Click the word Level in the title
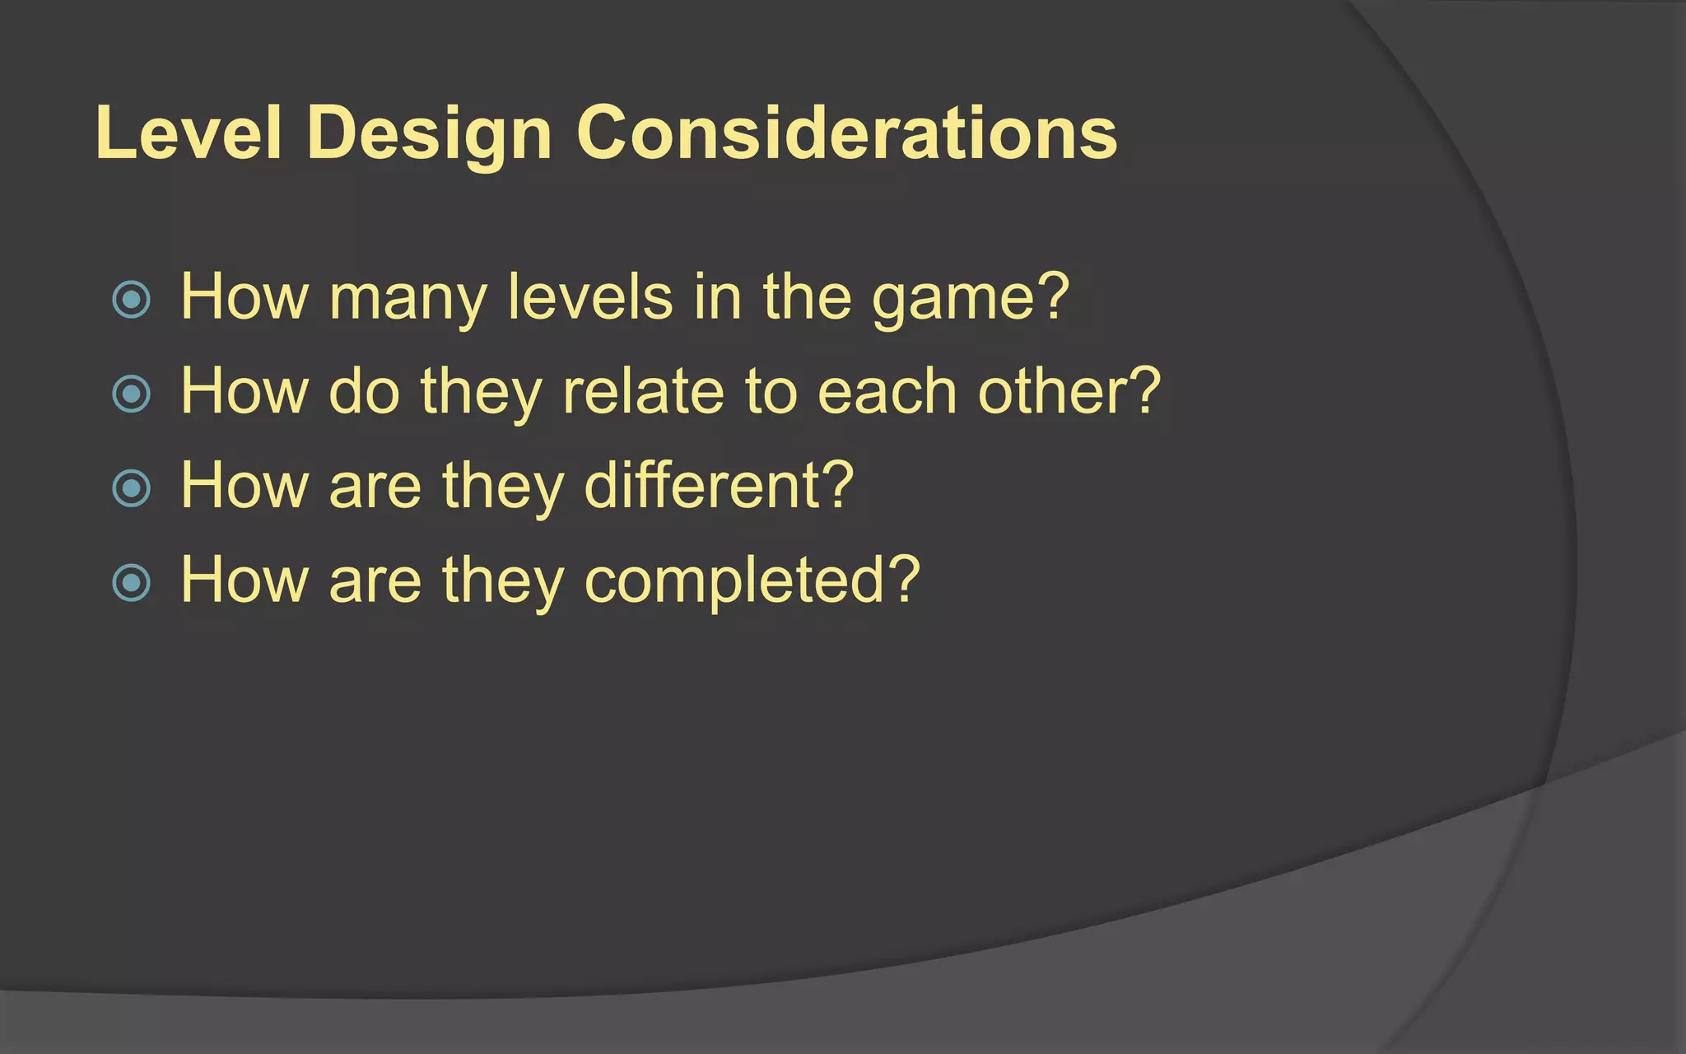(x=189, y=133)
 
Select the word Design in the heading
(x=429, y=133)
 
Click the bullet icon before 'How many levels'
(x=132, y=299)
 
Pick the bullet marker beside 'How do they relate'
(x=132, y=394)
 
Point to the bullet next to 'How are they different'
(x=132, y=488)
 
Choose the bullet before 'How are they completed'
(x=132, y=583)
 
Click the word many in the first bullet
(x=408, y=298)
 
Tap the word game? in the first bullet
(x=971, y=298)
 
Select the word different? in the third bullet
(x=719, y=486)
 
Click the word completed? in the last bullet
(x=752, y=581)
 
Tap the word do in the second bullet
(x=364, y=391)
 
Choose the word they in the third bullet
(x=502, y=486)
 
